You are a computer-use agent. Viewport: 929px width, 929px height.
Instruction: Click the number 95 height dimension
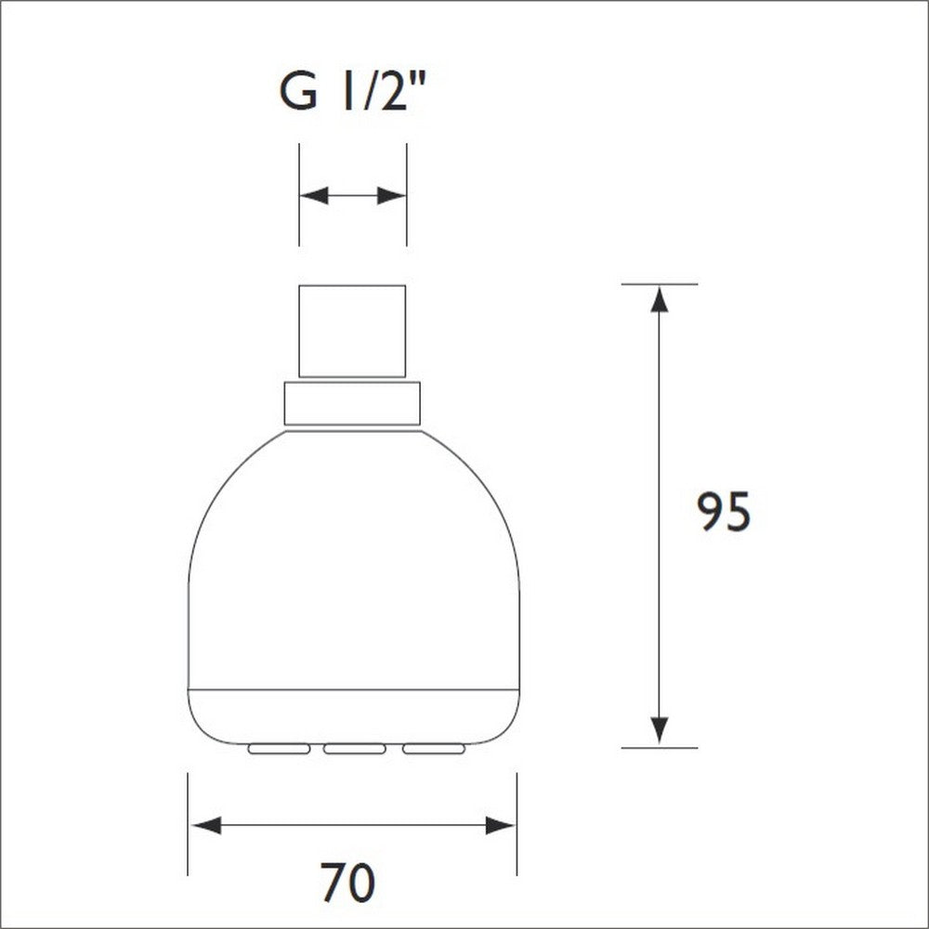(x=724, y=513)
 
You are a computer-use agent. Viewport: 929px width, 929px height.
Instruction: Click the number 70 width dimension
(x=348, y=883)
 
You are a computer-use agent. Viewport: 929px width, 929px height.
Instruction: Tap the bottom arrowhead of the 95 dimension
(x=659, y=730)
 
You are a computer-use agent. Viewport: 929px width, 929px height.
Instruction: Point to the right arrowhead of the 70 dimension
(x=501, y=825)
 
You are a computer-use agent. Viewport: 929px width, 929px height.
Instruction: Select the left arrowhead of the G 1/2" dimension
(x=315, y=196)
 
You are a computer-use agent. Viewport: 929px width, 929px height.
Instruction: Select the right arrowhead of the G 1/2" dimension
(x=391, y=196)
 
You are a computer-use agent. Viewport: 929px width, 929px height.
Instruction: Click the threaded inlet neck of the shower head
(x=352, y=331)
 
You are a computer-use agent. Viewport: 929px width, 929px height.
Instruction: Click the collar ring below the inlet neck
(x=352, y=403)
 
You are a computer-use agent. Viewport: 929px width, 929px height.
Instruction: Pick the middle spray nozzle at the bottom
(x=354, y=748)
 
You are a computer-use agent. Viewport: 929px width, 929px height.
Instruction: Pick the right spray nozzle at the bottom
(x=431, y=748)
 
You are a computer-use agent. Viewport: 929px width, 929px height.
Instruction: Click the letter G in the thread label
(x=298, y=93)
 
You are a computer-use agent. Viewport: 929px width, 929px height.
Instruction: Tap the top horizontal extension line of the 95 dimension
(x=659, y=283)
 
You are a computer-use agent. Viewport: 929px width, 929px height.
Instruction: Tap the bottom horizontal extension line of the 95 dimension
(x=659, y=747)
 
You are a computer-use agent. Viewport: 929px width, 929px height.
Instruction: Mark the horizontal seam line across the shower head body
(x=353, y=689)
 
